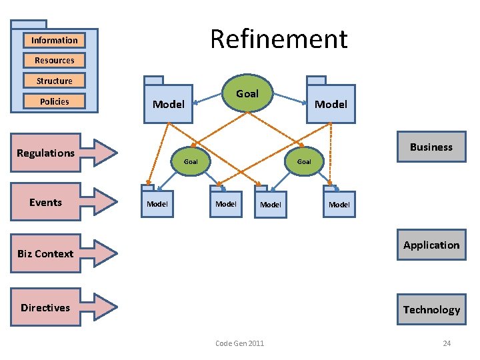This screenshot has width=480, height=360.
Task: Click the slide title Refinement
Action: [279, 39]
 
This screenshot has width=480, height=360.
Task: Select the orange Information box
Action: [54, 40]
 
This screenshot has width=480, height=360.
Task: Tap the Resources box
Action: [54, 60]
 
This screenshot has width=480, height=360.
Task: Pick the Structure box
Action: [54, 81]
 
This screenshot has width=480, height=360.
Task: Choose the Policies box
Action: [54, 101]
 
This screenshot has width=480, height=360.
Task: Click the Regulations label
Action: [45, 153]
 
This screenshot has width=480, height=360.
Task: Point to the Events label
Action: [45, 203]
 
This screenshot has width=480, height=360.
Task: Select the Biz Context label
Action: [45, 253]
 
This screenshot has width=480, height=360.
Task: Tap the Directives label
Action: [45, 307]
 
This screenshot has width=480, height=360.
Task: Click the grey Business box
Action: [431, 147]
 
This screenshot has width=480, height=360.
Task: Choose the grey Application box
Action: [431, 245]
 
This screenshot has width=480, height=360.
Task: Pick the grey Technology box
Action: [431, 309]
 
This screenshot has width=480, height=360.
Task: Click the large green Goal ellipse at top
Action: [247, 94]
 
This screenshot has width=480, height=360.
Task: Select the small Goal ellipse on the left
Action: [191, 161]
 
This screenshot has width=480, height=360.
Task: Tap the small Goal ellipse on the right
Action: [304, 161]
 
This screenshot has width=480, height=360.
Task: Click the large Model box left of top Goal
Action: [169, 103]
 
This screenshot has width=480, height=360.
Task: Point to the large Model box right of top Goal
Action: [331, 103]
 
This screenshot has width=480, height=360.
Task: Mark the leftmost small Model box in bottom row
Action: [157, 203]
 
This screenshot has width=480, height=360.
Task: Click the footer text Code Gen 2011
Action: [239, 343]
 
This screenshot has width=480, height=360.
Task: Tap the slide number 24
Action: [447, 343]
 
